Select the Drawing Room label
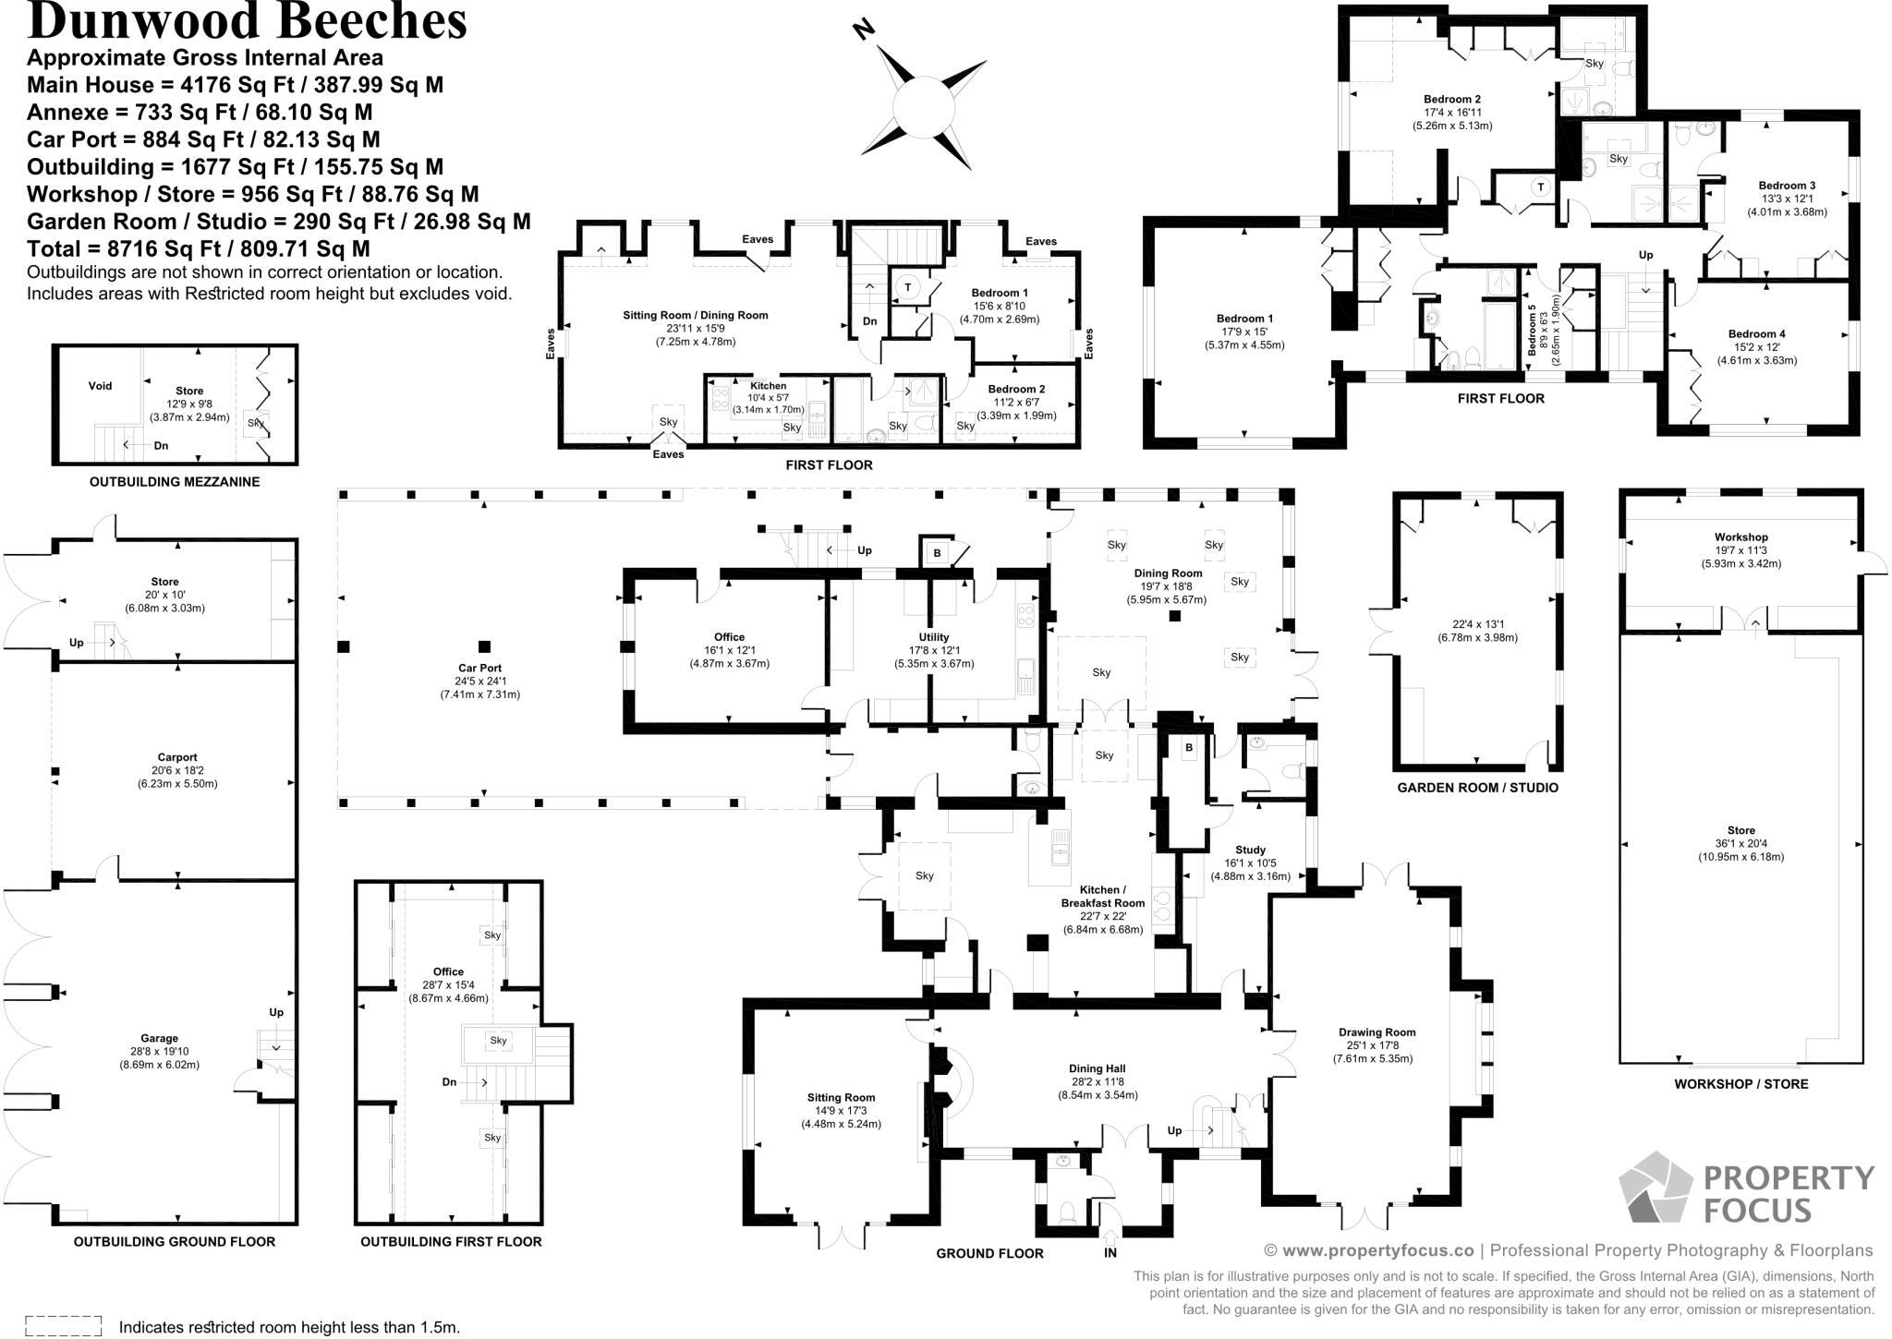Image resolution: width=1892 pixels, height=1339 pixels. click(1377, 1032)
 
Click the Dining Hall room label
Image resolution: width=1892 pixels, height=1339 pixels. click(1097, 1069)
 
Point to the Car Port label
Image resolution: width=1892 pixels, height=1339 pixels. click(479, 668)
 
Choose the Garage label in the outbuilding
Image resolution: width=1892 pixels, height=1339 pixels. click(159, 1038)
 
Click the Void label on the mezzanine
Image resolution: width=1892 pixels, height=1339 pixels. click(100, 386)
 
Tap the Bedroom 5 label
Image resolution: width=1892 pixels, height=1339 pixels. click(1532, 325)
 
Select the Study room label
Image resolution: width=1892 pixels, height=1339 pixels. click(1250, 850)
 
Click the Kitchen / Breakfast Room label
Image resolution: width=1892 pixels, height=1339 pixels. click(1102, 897)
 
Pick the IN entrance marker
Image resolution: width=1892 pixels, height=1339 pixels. click(1110, 1252)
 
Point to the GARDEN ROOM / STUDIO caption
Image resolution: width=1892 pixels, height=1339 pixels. click(1477, 788)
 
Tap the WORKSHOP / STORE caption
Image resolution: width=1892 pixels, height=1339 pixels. click(1740, 1083)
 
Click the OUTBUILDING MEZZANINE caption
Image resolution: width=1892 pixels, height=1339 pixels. click(175, 481)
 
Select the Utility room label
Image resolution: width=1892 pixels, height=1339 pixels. click(933, 637)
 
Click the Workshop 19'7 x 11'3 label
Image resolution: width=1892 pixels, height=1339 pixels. click(1740, 537)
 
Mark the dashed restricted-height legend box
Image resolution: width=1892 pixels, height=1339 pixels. click(63, 1326)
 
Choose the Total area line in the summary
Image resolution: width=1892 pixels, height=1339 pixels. click(199, 248)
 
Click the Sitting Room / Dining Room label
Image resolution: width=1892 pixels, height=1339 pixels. click(695, 315)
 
